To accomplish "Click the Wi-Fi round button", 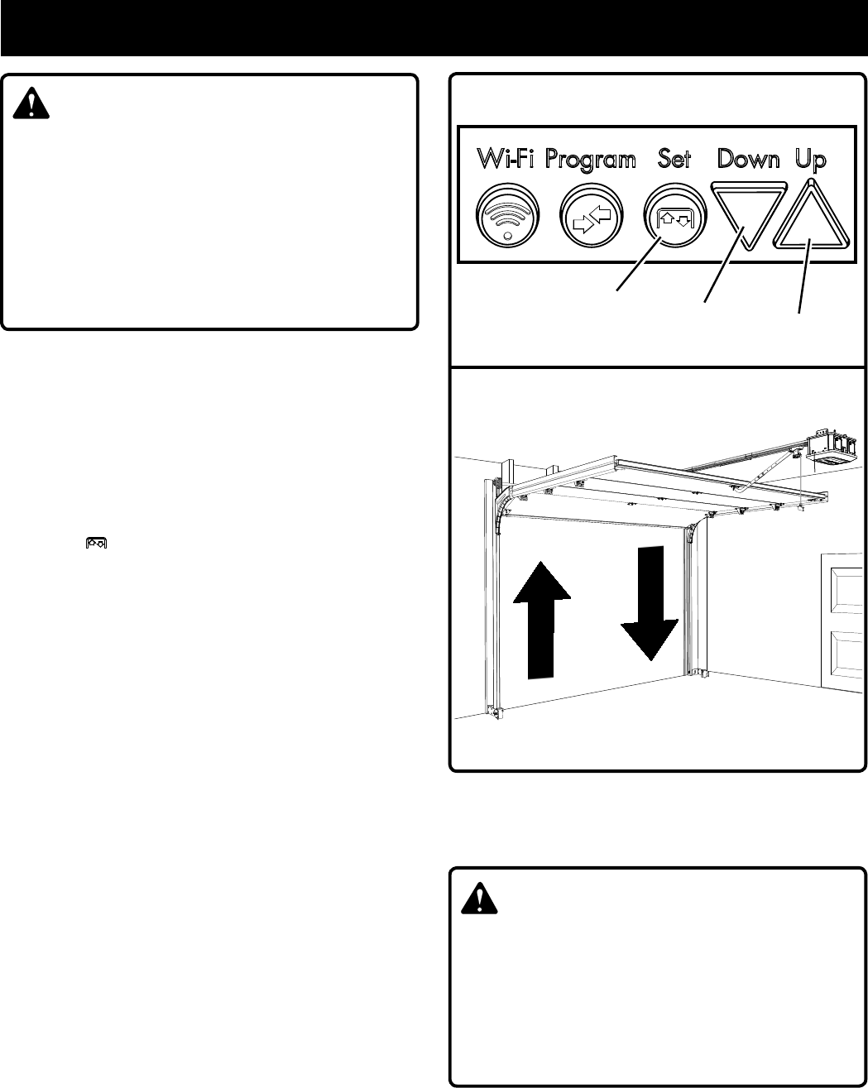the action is click(x=509, y=218).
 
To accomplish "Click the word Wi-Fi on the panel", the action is click(x=506, y=160).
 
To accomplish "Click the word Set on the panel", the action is click(x=674, y=159).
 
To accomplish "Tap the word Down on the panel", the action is click(x=748, y=159).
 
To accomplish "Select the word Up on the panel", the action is click(x=811, y=159).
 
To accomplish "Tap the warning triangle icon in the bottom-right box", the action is click(x=479, y=897).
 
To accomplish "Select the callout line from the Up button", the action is click(x=803, y=281).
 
